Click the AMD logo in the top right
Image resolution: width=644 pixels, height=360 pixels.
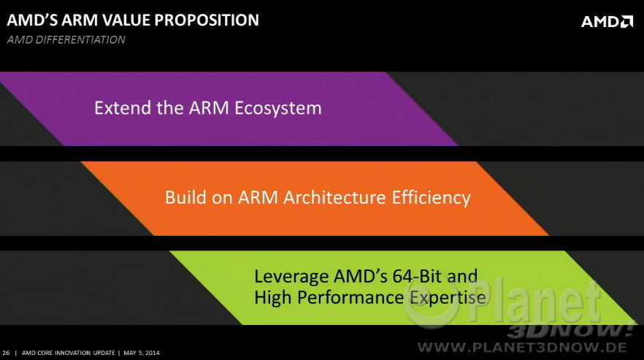tap(607, 21)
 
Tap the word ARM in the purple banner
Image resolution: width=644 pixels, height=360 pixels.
tap(209, 107)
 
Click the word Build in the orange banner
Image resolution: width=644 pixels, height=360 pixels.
tap(185, 197)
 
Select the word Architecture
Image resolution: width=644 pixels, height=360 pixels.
tap(334, 197)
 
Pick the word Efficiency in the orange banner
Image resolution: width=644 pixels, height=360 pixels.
tap(431, 198)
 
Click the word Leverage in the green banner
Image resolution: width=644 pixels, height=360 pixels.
tap(291, 277)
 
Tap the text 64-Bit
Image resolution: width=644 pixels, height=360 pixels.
tap(417, 276)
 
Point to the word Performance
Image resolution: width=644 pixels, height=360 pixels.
tap(350, 297)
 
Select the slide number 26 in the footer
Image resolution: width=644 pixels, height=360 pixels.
tap(6, 353)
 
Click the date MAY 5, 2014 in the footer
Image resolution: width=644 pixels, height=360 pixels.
tap(142, 353)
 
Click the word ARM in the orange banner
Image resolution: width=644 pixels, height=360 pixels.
tap(258, 197)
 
